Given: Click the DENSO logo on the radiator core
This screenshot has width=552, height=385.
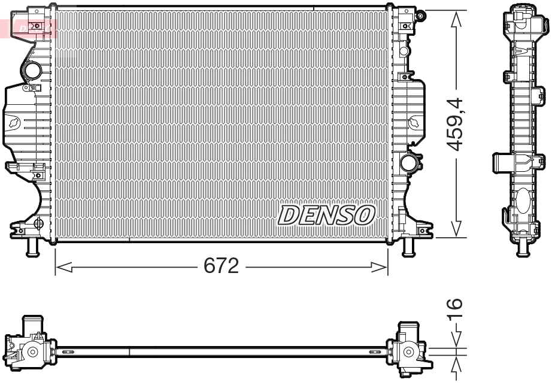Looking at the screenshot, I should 326,214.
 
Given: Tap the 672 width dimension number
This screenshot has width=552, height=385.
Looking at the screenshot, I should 222,265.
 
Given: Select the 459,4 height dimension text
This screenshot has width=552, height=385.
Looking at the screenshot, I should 457,124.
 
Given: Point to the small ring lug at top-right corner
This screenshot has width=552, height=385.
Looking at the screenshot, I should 421,14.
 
